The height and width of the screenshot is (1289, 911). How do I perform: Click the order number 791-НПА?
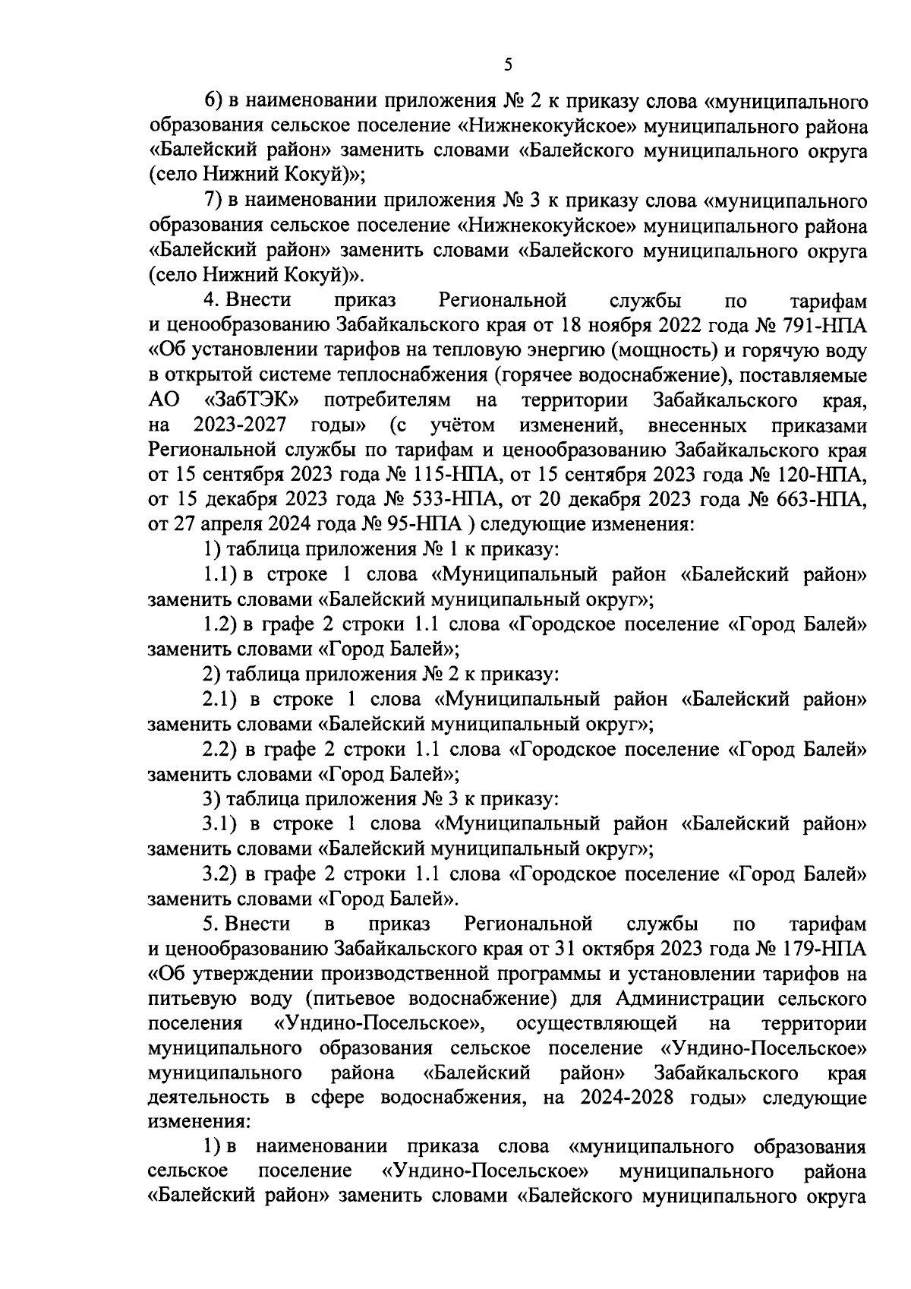821,326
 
